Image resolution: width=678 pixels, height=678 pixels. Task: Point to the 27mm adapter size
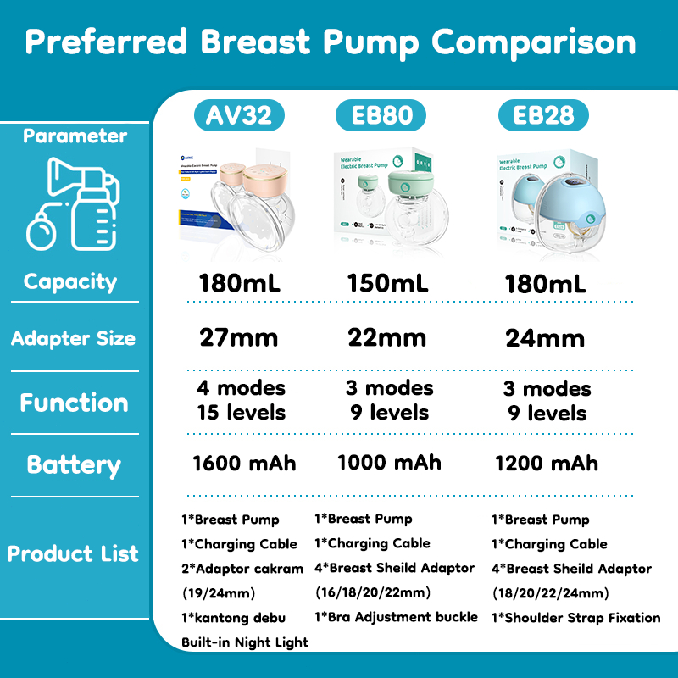tap(238, 338)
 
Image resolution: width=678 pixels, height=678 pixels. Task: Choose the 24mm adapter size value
tap(545, 339)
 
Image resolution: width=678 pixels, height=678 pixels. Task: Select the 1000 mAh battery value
tap(389, 462)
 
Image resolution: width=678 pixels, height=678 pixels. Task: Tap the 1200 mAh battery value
tap(546, 463)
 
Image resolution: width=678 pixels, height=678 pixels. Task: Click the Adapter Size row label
tap(73, 339)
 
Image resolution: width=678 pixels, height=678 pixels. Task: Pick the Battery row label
tap(74, 465)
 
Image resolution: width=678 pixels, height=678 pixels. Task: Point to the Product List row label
tap(73, 554)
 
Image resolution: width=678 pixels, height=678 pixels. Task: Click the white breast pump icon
tap(74, 203)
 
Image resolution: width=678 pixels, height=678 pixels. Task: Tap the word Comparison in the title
tap(533, 42)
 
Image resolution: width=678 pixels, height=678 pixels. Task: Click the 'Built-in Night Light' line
tap(245, 642)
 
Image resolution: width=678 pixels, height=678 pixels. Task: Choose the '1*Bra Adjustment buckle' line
tap(396, 617)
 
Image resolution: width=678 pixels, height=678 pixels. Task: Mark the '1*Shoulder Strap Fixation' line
tap(575, 618)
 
